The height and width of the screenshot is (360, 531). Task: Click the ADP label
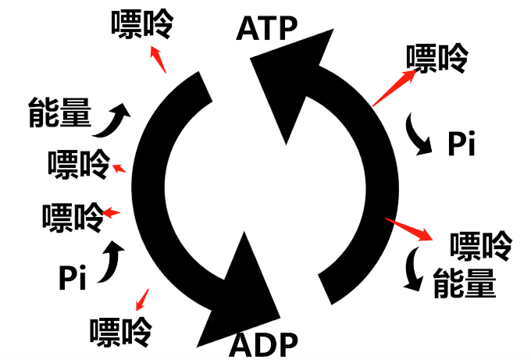click(265, 342)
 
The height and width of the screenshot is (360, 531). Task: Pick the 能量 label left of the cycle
click(60, 112)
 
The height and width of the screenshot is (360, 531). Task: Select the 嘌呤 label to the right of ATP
click(437, 59)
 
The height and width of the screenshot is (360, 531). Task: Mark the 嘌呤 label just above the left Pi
click(73, 216)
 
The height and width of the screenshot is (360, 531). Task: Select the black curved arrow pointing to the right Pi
click(419, 136)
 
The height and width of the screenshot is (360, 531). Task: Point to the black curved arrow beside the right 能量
click(412, 269)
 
